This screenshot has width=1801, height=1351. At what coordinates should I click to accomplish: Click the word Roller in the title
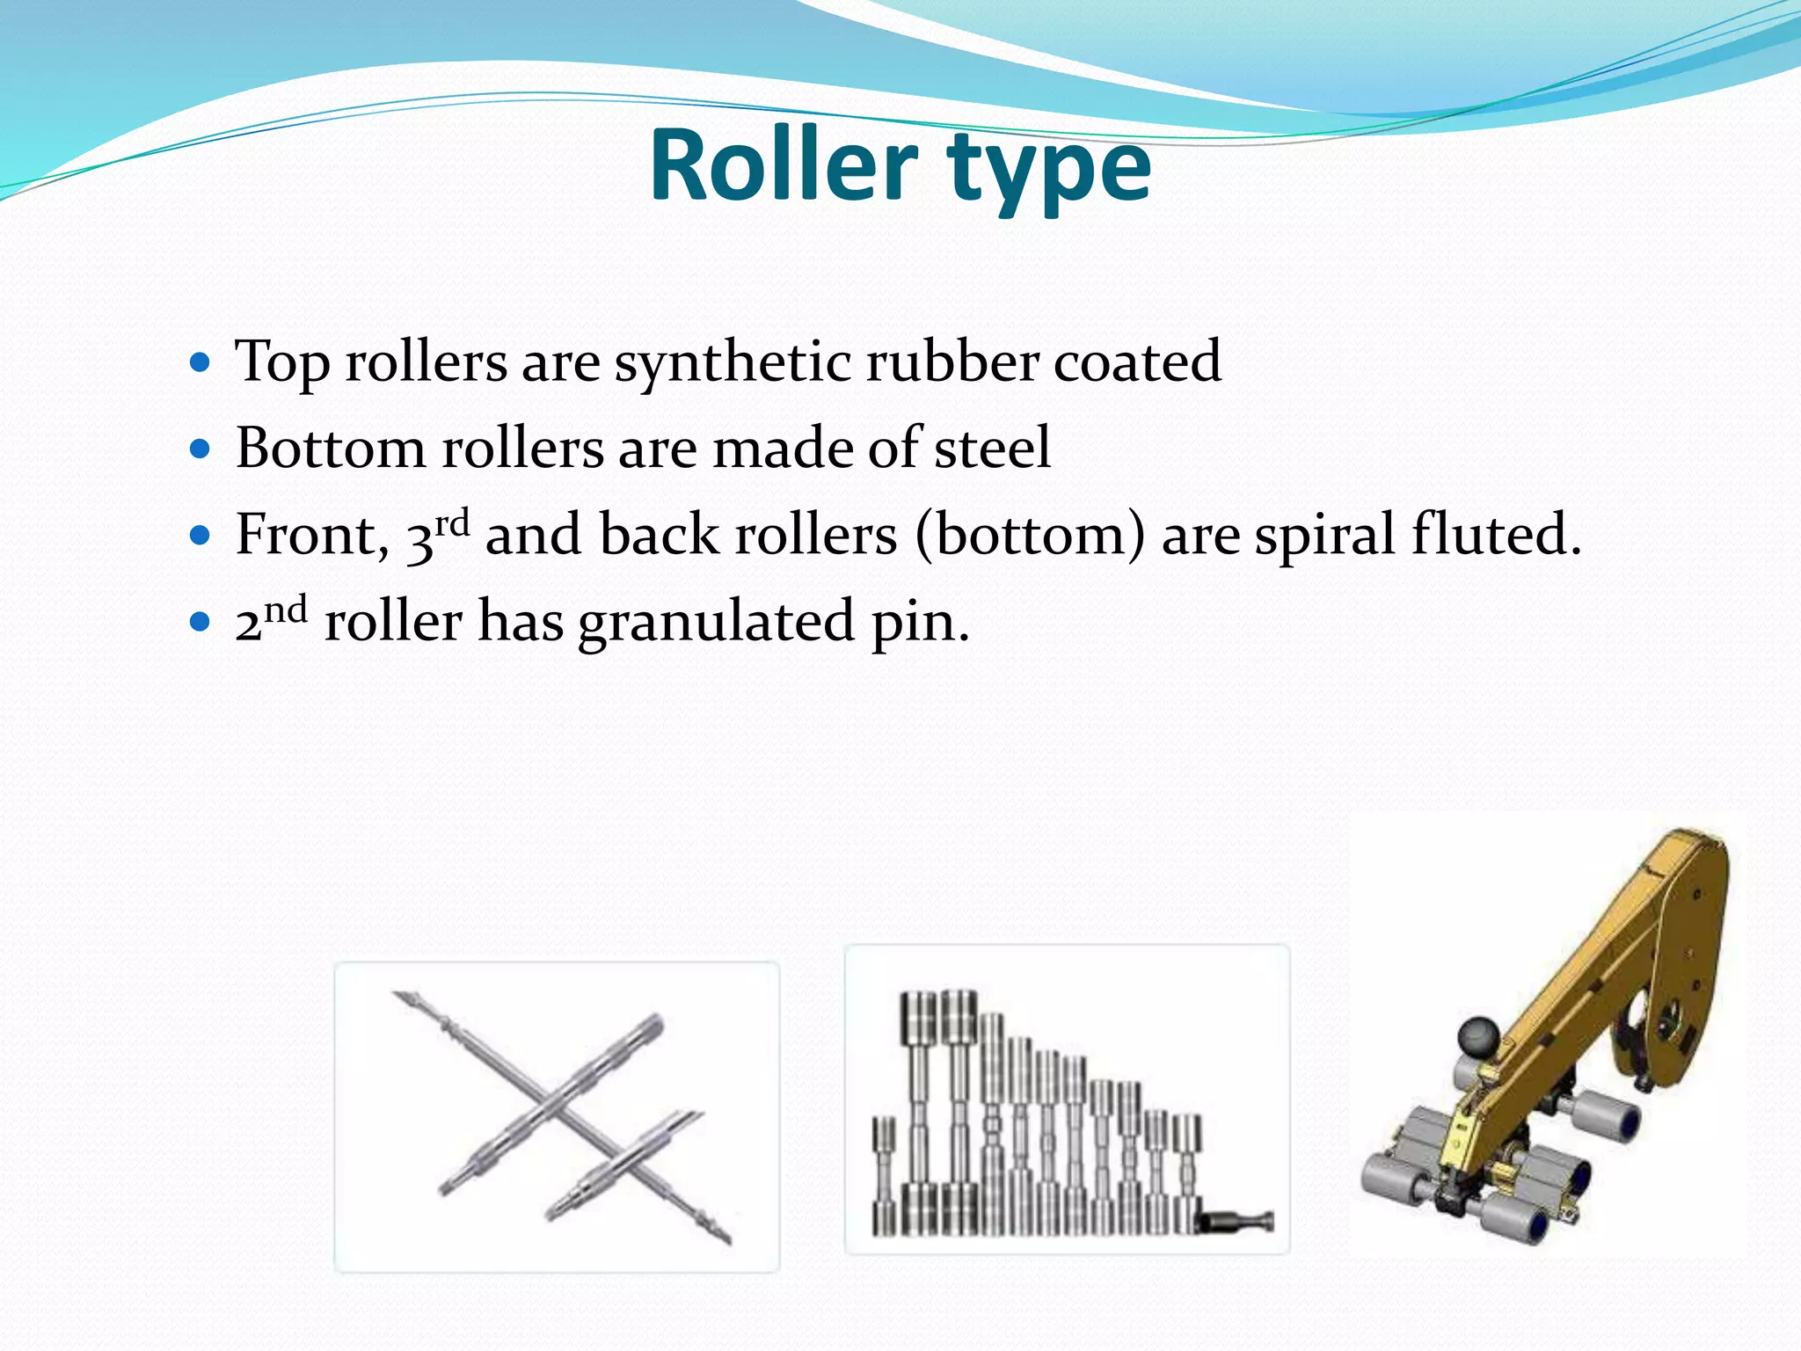click(784, 165)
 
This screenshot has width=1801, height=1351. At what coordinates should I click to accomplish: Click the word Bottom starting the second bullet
click(331, 448)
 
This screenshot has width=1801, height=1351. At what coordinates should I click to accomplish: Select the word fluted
click(1496, 534)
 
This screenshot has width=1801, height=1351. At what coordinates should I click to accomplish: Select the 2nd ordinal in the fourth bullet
click(271, 619)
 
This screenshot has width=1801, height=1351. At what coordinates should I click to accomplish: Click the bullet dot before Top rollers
click(201, 361)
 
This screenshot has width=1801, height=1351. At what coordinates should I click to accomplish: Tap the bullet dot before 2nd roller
click(201, 622)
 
